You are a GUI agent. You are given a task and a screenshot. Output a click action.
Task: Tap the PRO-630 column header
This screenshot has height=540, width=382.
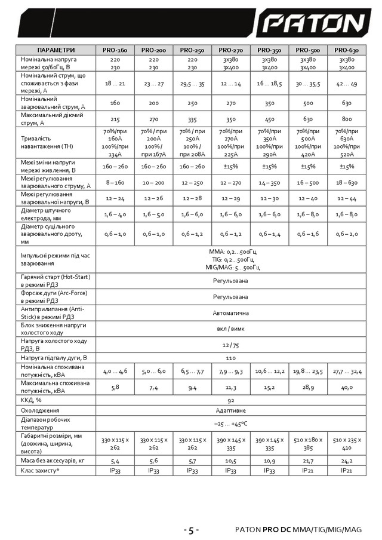pos(347,50)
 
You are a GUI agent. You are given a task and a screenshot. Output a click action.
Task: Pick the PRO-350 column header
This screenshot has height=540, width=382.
pos(269,50)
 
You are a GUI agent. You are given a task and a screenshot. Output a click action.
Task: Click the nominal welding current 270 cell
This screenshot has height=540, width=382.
pos(230,103)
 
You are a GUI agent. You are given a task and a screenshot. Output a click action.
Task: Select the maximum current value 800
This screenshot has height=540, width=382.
pos(347,119)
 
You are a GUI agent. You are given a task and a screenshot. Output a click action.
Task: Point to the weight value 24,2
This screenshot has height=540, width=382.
pos(347,461)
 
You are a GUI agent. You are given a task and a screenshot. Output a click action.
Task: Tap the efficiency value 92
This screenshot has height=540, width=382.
pos(230,399)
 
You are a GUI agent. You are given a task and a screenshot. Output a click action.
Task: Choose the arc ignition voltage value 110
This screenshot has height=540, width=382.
pos(230,357)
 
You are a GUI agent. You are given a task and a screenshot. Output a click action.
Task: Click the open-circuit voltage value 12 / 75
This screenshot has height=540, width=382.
pos(230,345)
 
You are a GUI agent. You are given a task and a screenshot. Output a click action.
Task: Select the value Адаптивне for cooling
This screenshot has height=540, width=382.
pos(230,410)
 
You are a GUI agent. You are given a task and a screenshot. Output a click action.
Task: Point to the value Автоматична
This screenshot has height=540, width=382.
pos(230,312)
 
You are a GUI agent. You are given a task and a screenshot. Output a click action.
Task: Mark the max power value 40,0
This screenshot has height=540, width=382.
pos(347,387)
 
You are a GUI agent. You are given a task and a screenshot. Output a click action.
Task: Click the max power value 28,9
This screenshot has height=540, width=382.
pos(308,387)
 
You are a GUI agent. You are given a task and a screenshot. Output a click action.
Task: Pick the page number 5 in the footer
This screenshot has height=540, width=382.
pos(190,530)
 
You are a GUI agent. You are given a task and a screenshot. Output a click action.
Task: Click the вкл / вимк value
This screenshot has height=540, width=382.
pos(230,329)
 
